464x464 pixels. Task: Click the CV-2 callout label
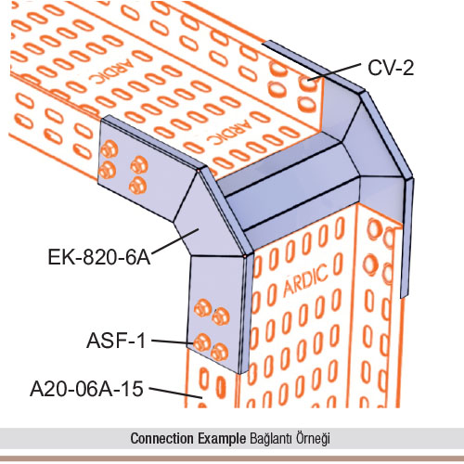pyautogui.click(x=391, y=68)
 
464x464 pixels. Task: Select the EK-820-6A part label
pyautogui.click(x=99, y=257)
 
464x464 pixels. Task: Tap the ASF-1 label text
pyautogui.click(x=116, y=341)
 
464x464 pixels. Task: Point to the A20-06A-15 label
pyautogui.click(x=86, y=389)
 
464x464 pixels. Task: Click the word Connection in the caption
pyautogui.click(x=161, y=438)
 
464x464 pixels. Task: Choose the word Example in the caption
pyautogui.click(x=222, y=438)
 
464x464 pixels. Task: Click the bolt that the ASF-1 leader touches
pyautogui.click(x=202, y=342)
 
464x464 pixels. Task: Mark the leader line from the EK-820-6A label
pyautogui.click(x=174, y=241)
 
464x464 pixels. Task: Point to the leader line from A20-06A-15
pyautogui.click(x=175, y=393)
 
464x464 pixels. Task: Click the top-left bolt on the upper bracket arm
pyautogui.click(x=110, y=149)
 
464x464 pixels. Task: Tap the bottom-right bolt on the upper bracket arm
pyautogui.click(x=137, y=186)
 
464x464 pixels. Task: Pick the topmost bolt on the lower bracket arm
pyautogui.click(x=202, y=308)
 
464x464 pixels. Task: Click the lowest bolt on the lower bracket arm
pyautogui.click(x=220, y=352)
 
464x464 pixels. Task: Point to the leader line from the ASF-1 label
pyautogui.click(x=173, y=342)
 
